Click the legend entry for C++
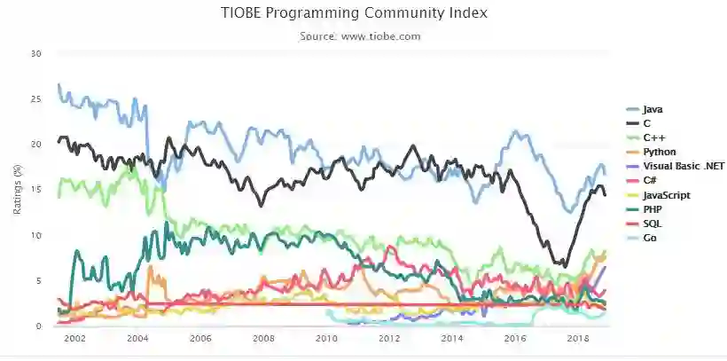pos(654,138)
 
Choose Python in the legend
pos(660,153)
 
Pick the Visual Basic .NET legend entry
pos(683,167)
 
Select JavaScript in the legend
pos(666,195)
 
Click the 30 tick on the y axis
pos(36,53)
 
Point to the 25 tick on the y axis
pos(36,98)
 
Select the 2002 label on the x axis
pos(74,340)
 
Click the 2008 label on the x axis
pos(263,340)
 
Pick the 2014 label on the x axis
pos(452,340)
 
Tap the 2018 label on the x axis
pos(578,340)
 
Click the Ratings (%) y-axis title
pos(17,190)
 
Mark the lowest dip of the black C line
pos(563,265)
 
